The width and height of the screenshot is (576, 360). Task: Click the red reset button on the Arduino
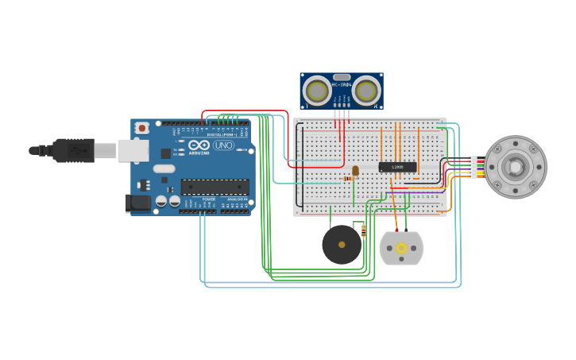click(141, 128)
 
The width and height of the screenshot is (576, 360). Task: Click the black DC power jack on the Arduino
click(137, 203)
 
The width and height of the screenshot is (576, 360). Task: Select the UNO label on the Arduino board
click(223, 145)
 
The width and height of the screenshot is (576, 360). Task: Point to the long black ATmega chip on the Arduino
click(214, 187)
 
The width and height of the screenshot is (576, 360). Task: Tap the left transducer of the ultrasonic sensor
click(317, 91)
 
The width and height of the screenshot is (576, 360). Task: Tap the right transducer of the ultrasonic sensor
click(366, 91)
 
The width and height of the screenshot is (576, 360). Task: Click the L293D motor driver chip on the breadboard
click(397, 167)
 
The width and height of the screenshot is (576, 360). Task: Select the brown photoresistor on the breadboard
click(355, 170)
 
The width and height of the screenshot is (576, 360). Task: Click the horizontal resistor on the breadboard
click(347, 179)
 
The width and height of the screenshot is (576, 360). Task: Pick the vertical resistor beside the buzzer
click(364, 230)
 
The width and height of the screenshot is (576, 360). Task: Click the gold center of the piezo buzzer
click(342, 245)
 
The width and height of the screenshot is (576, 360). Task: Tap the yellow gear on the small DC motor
click(401, 249)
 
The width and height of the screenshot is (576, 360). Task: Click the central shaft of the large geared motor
click(516, 167)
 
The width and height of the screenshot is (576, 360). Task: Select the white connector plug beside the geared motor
click(473, 167)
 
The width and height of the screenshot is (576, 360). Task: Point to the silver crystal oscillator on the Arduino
click(164, 168)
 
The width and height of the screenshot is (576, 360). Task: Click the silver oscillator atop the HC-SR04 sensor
click(342, 77)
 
